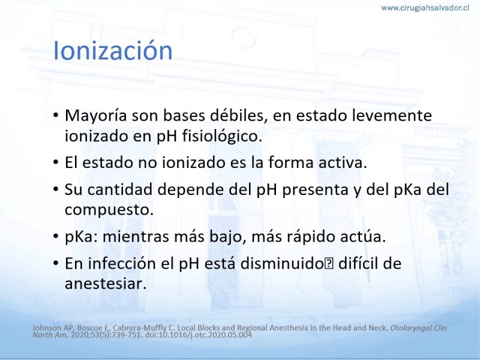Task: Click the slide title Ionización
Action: click(113, 50)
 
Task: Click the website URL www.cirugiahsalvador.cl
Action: click(425, 8)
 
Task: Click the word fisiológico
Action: click(222, 136)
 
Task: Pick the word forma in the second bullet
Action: click(291, 162)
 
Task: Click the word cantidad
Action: click(119, 189)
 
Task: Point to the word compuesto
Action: click(109, 211)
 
